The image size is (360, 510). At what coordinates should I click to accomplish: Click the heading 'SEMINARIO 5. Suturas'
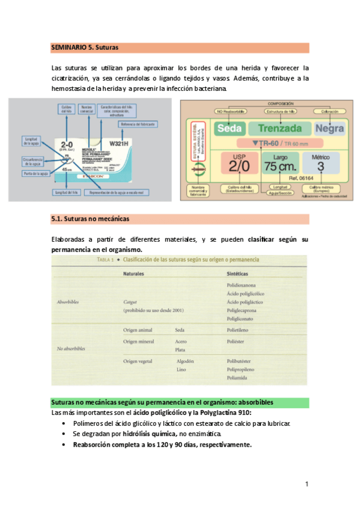pos(85,47)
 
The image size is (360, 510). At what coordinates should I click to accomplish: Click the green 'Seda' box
pos(229,129)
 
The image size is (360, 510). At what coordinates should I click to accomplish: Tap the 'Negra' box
pos(329,129)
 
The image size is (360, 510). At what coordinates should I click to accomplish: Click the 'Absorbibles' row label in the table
pos(71,301)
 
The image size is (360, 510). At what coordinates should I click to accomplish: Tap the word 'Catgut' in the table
pos(132,301)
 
